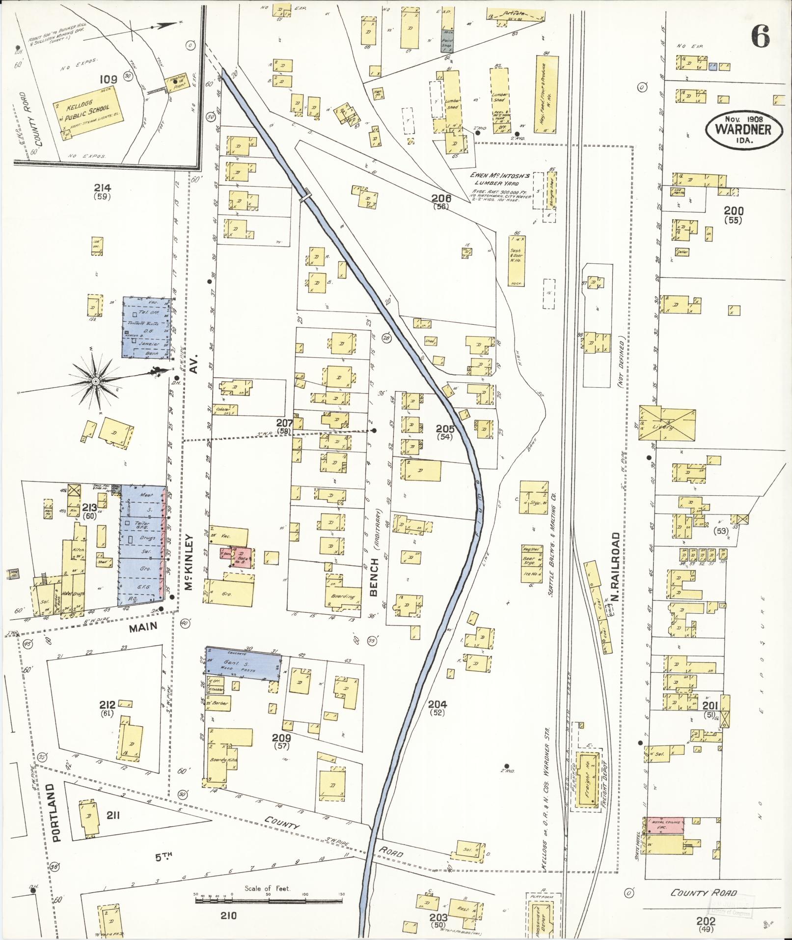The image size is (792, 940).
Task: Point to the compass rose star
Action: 96,381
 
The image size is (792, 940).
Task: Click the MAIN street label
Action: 143,626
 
